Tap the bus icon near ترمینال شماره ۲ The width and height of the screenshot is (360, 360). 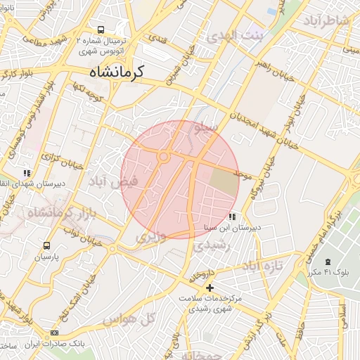101,30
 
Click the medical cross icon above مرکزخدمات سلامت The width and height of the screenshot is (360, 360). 210,287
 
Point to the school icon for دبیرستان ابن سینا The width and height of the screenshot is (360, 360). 232,217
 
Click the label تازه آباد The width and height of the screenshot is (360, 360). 262,266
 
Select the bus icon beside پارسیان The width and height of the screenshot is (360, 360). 47,245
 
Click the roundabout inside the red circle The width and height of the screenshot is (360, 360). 164,156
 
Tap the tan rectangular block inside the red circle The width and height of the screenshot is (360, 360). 224,181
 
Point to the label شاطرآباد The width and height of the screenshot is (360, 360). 326,20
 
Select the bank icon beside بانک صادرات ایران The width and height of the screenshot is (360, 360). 56,333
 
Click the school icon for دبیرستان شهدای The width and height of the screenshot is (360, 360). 27,173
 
